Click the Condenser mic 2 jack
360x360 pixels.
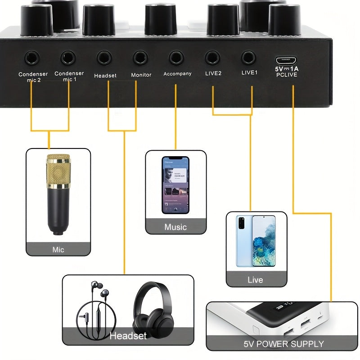(x=32, y=57)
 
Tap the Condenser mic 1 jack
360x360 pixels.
(x=68, y=57)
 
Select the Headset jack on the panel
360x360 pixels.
(x=104, y=57)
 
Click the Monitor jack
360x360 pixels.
(x=140, y=57)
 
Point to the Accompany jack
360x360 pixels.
(x=176, y=57)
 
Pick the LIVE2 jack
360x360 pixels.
(x=212, y=57)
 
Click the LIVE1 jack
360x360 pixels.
(x=248, y=57)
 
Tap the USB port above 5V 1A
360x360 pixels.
(x=287, y=59)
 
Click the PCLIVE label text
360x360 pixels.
(x=287, y=75)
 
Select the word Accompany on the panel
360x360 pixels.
(x=177, y=74)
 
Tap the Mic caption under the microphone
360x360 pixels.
(x=58, y=249)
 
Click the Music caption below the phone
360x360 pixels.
(x=175, y=227)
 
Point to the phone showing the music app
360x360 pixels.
(x=175, y=184)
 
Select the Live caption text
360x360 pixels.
(x=255, y=280)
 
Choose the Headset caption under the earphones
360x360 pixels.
(x=128, y=336)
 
